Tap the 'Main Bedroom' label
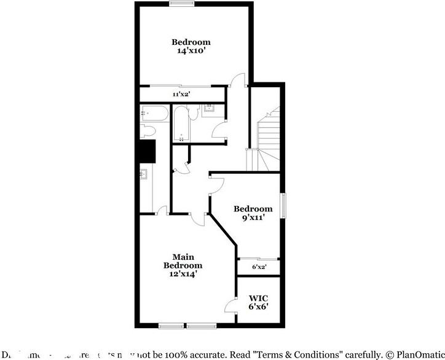(183, 261)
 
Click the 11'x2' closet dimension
(181, 95)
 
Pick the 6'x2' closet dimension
(259, 267)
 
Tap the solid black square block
(148, 151)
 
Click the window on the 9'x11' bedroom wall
(284, 206)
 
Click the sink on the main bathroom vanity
(144, 174)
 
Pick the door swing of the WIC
(230, 305)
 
